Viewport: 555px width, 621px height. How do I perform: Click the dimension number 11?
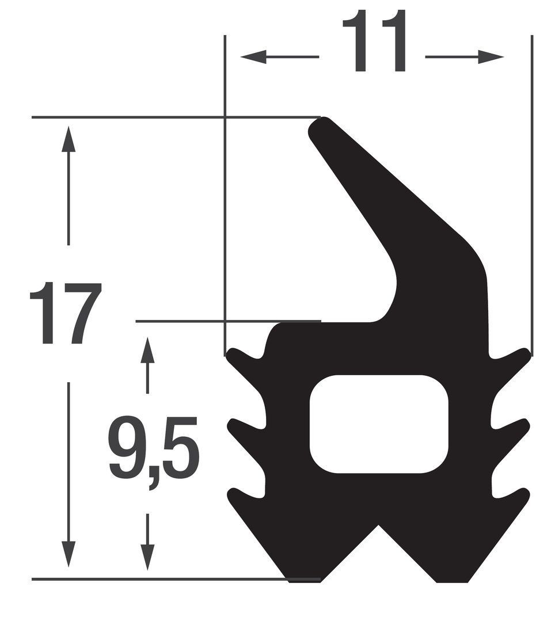coord(374,41)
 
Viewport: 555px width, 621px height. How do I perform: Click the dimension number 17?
coord(66,313)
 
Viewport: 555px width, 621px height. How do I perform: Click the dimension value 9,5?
coord(153,451)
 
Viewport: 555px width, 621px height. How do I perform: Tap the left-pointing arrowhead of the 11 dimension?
coord(253,56)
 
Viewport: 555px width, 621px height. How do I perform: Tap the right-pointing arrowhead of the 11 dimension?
coord(491,56)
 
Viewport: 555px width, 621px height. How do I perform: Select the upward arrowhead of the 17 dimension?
coord(69,139)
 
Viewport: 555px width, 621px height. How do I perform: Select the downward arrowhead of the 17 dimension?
coord(69,554)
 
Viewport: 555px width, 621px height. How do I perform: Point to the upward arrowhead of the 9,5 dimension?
coord(147,350)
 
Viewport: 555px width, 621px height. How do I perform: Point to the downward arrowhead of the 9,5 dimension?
coord(147,557)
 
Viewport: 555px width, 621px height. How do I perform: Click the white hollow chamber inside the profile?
coord(379,424)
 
